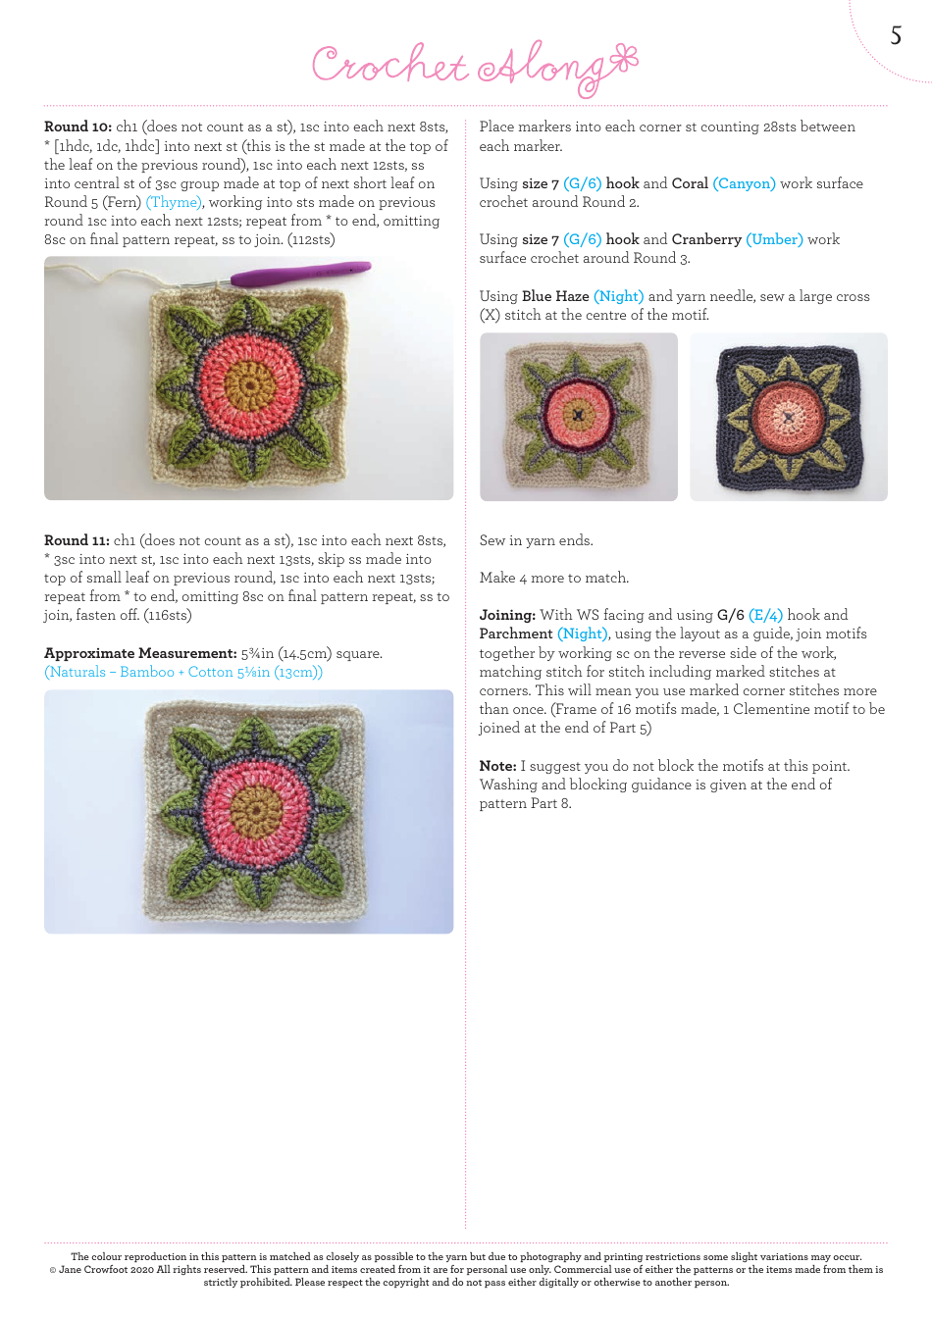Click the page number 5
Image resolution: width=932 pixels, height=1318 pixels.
896,36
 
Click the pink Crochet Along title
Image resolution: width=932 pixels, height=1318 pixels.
475,67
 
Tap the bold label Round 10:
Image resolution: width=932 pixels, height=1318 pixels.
78,127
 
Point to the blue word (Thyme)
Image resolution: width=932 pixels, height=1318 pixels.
175,202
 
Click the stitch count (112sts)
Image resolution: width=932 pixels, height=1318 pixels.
311,239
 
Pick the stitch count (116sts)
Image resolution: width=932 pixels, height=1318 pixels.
168,615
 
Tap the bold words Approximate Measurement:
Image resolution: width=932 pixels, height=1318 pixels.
140,653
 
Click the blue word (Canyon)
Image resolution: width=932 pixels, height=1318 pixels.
744,183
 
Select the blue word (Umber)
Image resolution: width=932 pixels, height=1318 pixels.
774,239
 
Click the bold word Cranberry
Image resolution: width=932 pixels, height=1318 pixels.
706,239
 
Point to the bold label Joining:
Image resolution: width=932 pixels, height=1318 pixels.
507,615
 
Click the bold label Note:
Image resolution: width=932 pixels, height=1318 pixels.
497,766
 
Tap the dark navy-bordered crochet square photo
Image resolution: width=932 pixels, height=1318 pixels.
789,417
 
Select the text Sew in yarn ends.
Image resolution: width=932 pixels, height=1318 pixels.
536,540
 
